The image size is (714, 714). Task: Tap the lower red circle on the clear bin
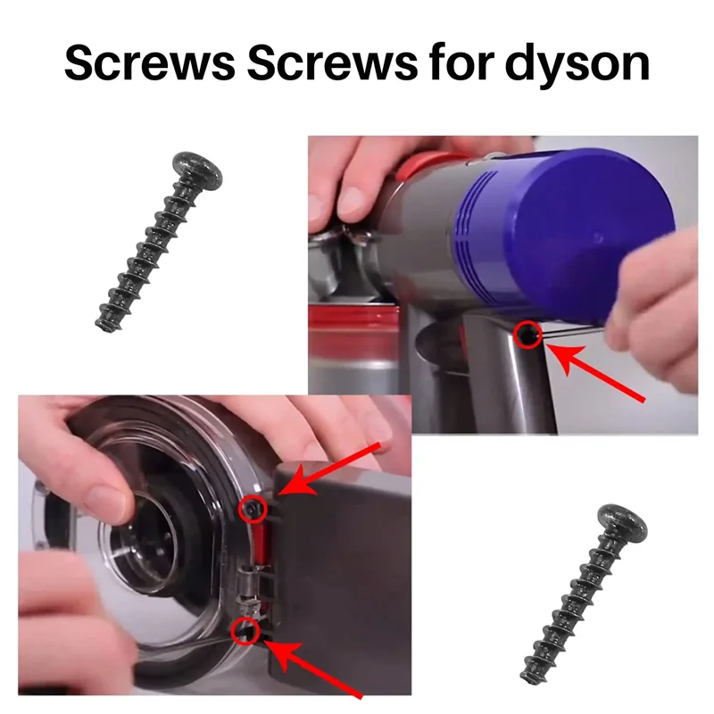pyautogui.click(x=245, y=633)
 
